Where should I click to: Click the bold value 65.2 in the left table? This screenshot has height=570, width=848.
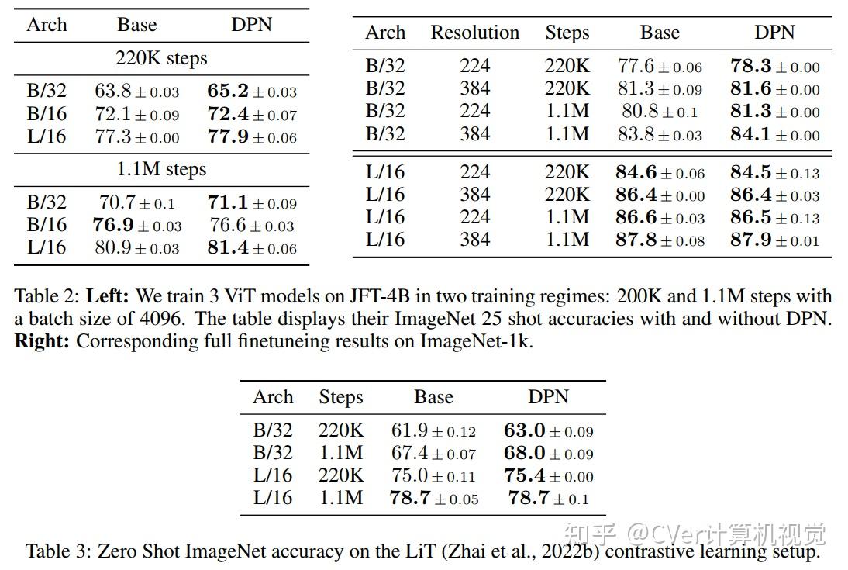pyautogui.click(x=227, y=92)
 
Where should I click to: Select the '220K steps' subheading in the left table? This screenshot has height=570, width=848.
pyautogui.click(x=161, y=58)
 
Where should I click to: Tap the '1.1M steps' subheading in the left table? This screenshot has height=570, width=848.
pyautogui.click(x=161, y=169)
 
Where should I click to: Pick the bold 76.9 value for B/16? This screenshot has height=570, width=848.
pyautogui.click(x=114, y=225)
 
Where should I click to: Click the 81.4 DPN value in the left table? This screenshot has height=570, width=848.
pyautogui.click(x=227, y=247)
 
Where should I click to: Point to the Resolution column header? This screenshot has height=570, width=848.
pyautogui.click(x=474, y=33)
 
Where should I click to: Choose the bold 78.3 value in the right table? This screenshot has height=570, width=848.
pyautogui.click(x=750, y=67)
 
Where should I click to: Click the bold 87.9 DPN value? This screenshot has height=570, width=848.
pyautogui.click(x=750, y=240)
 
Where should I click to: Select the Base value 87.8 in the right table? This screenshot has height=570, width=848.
pyautogui.click(x=636, y=240)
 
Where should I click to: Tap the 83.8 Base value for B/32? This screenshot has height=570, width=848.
pyautogui.click(x=638, y=134)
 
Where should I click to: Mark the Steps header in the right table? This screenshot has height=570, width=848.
pyautogui.click(x=567, y=33)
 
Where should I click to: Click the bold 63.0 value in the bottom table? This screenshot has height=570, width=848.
pyautogui.click(x=525, y=430)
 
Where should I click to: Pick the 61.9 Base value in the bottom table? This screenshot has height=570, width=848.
pyautogui.click(x=412, y=430)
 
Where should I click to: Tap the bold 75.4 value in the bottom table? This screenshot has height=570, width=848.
pyautogui.click(x=525, y=475)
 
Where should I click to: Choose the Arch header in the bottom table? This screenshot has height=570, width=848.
pyautogui.click(x=273, y=397)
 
